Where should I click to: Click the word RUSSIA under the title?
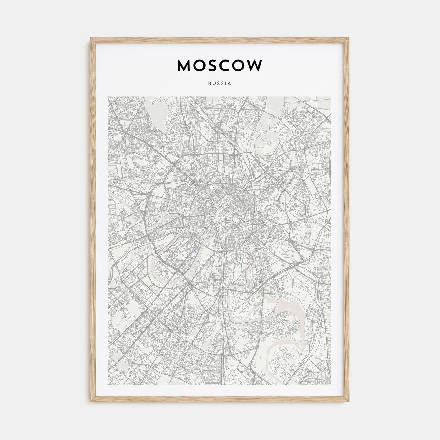tap(220, 84)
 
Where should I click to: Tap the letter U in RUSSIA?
tap(214, 84)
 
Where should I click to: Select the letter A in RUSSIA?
tap(230, 84)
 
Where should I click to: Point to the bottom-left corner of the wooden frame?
tap(91, 402)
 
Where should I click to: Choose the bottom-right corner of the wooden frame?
tap(349, 402)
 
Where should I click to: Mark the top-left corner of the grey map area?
tap(108, 97)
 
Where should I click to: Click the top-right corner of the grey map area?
tap(331, 97)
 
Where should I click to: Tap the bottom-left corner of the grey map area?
tap(108, 385)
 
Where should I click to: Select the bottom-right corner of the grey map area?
tap(331, 385)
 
